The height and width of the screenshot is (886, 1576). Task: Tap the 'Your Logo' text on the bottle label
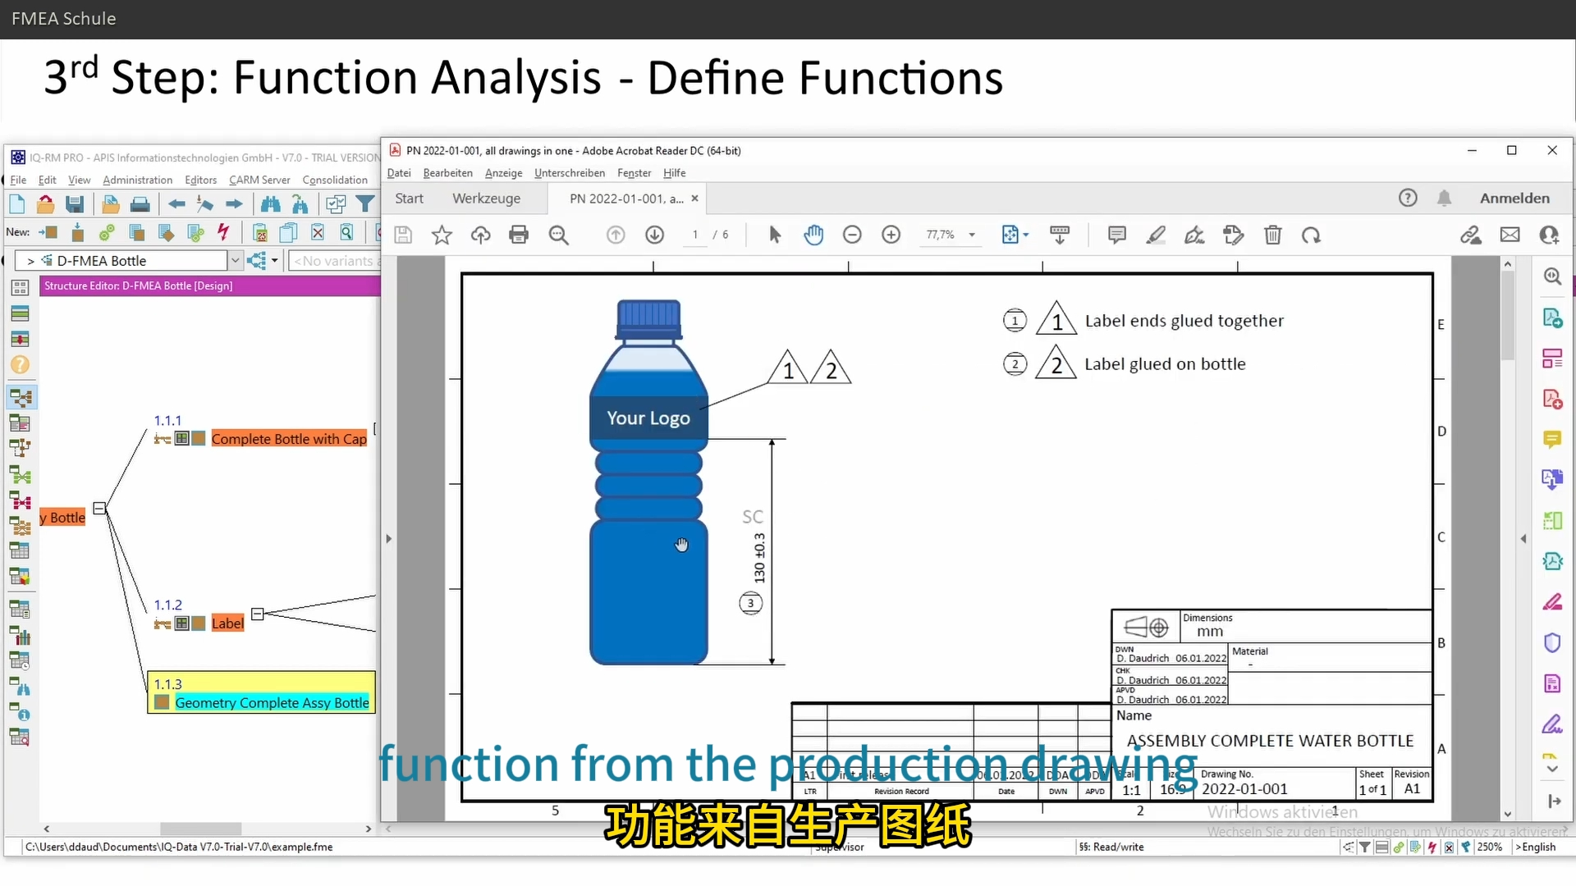648,418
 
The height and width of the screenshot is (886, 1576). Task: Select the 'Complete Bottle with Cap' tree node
288,439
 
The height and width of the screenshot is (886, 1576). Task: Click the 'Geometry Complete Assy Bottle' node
271,703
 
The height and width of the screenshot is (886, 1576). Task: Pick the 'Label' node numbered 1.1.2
227,623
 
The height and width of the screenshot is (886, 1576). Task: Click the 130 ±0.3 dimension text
759,558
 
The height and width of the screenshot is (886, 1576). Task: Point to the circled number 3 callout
750,604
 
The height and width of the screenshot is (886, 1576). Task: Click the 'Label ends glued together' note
1184,321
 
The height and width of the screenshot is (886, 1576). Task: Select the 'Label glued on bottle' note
1164,364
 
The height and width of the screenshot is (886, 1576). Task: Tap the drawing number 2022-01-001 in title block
1244,789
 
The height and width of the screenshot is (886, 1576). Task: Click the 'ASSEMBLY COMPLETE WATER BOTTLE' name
1270,741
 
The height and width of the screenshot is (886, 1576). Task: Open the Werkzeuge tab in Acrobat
486,199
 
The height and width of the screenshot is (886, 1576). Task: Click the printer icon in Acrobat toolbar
519,235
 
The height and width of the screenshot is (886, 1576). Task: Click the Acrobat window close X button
1551,151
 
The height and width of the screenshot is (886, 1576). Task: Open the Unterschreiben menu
569,173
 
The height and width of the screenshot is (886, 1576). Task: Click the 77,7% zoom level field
941,235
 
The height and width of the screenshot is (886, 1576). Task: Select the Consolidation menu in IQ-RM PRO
335,180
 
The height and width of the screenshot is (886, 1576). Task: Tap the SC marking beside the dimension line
752,517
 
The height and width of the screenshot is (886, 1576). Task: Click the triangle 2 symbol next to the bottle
831,370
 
